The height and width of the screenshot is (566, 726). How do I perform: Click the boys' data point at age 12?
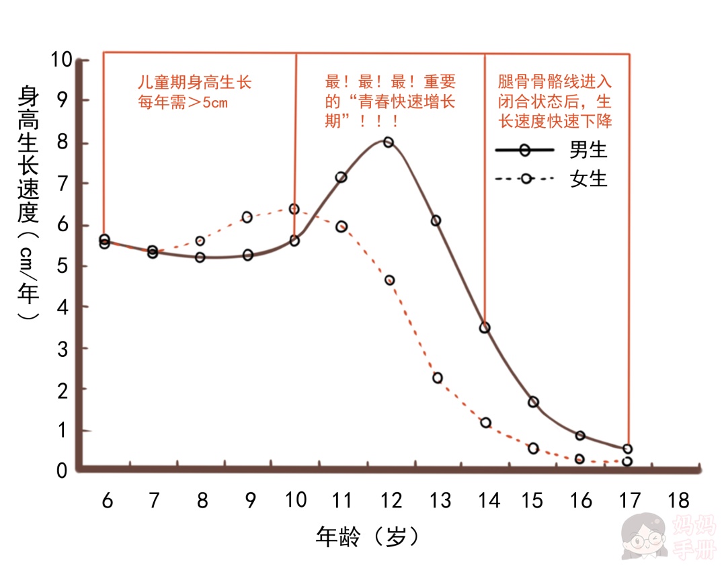pos(388,143)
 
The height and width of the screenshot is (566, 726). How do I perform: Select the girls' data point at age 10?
pos(294,209)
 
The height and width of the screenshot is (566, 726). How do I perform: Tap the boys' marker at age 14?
pos(484,328)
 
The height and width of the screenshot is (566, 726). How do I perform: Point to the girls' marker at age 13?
pos(438,378)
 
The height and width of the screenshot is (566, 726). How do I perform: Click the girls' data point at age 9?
pos(247,217)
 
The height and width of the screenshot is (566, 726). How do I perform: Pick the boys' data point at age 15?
pos(533,402)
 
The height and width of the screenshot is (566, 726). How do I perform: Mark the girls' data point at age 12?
pos(389,280)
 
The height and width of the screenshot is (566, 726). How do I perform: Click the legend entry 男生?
pos(588,149)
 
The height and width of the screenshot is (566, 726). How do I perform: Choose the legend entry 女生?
pos(588,179)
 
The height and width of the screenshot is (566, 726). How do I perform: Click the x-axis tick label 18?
pos(678,501)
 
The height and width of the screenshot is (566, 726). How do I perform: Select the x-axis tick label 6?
pos(107,501)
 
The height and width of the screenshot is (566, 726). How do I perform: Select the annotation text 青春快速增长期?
pos(390,102)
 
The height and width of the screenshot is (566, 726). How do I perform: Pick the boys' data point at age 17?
pos(627,448)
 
